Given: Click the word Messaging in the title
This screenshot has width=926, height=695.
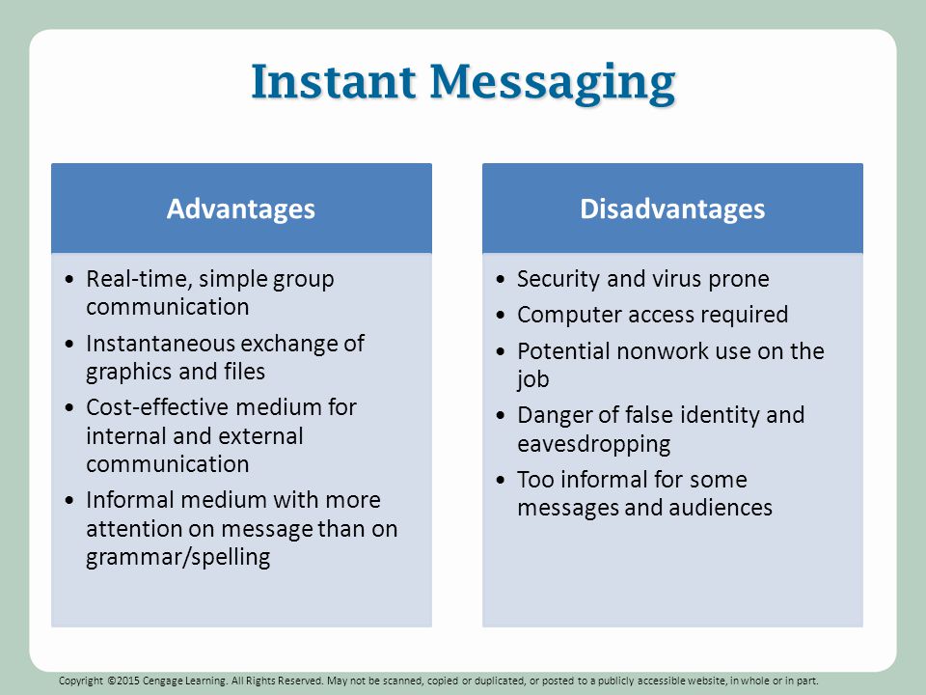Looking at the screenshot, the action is pos(553,84).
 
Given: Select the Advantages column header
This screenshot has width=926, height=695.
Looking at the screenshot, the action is pos(241,209).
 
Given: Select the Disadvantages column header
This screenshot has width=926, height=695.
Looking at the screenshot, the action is pos(672,208).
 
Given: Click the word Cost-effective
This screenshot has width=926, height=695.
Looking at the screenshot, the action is pos(157,407).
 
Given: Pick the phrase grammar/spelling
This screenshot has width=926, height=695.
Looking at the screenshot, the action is pos(178,557).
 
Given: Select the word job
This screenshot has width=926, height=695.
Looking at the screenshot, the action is pos(533,379).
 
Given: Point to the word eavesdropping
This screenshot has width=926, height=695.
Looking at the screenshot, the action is pos(594,444).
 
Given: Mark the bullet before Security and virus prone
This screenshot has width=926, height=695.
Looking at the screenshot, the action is pos(501,279).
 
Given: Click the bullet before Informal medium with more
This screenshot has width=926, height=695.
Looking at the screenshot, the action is pos(69,501).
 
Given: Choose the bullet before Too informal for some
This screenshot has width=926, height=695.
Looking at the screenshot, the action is pos(501,480).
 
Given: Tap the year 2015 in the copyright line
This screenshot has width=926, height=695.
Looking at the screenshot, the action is pos(128,681).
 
